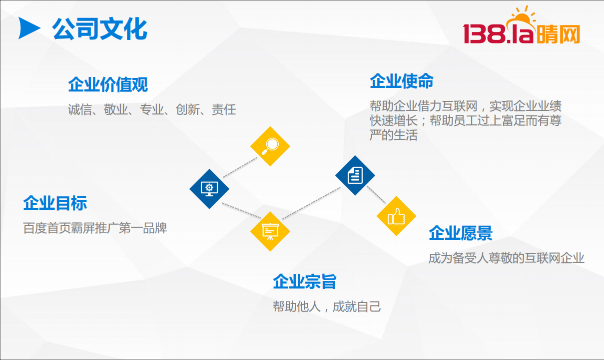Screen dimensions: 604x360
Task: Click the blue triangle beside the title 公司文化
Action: click(28, 28)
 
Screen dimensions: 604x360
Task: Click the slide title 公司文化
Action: click(99, 28)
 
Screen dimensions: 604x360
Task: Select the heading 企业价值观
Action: click(108, 84)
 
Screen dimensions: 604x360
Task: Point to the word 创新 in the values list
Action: click(188, 109)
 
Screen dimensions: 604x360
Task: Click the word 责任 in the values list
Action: click(224, 109)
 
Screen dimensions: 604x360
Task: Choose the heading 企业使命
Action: click(402, 81)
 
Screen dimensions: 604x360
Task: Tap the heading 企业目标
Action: click(55, 203)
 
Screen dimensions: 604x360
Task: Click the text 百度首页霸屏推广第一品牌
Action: click(95, 228)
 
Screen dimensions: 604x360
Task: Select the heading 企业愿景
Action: click(461, 233)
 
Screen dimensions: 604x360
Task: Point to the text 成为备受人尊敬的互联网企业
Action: click(507, 258)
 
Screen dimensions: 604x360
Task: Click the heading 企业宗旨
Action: click(305, 281)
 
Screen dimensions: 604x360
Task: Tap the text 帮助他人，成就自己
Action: click(327, 306)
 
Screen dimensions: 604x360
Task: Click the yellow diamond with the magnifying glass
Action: click(270, 146)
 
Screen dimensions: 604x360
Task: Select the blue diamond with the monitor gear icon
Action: click(209, 189)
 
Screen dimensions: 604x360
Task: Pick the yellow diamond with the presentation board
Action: click(270, 231)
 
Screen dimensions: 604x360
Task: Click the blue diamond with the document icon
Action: click(355, 175)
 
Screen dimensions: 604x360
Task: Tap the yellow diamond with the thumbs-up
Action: click(396, 216)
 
